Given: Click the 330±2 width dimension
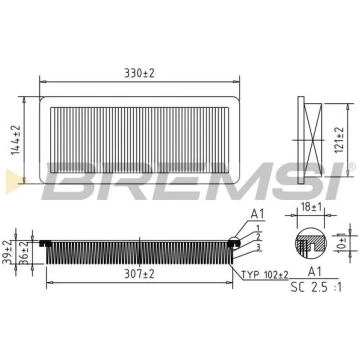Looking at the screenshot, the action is pyautogui.click(x=139, y=73).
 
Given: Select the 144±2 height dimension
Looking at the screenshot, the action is pyautogui.click(x=16, y=140).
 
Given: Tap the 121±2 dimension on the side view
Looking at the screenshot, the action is pyautogui.click(x=339, y=140).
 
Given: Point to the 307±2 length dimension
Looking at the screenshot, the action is pyautogui.click(x=139, y=274).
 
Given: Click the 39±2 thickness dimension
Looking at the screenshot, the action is pyautogui.click(x=7, y=252).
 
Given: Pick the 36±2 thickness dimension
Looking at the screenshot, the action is pyautogui.click(x=23, y=252).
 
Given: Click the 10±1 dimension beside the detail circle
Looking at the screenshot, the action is pyautogui.click(x=340, y=243).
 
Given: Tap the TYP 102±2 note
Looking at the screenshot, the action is pyautogui.click(x=265, y=274).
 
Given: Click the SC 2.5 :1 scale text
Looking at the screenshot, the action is pyautogui.click(x=316, y=287).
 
